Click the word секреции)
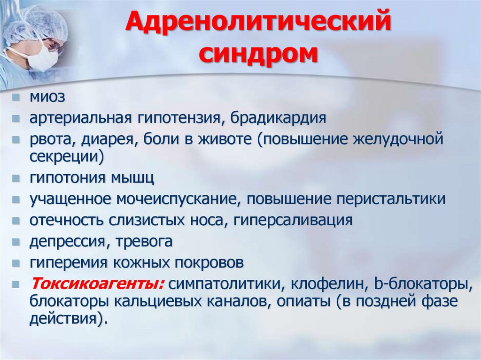[x=67, y=156]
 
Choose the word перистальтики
[x=391, y=199]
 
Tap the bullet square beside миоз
[x=16, y=98]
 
